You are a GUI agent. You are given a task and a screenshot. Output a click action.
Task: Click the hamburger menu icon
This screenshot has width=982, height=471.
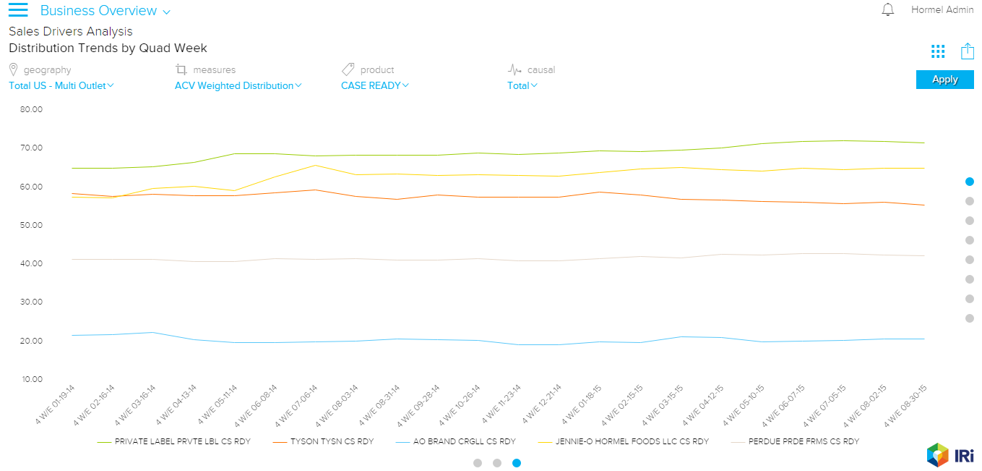pos(17,10)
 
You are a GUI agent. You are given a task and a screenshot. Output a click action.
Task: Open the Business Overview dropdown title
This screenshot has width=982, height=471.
pos(105,11)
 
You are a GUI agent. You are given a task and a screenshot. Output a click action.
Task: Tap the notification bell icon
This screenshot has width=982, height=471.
pos(888,10)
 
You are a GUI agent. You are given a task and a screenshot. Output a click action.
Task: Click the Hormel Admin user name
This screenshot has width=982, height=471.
pos(942,10)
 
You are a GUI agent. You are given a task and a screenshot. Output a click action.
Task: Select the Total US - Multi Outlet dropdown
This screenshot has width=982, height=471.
pos(61,85)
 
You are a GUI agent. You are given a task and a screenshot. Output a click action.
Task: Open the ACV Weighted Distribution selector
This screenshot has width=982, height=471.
pos(238,85)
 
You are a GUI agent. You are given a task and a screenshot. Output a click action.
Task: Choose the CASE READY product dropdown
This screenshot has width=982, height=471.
pos(374,85)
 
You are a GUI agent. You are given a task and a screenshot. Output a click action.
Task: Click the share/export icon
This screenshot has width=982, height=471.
pos(967,51)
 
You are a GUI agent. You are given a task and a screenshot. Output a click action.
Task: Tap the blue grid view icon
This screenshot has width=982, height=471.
pos(938,51)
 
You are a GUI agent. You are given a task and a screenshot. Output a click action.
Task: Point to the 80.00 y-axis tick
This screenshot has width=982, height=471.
pos(32,109)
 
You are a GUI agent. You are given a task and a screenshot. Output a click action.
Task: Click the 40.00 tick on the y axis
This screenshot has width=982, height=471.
pos(32,263)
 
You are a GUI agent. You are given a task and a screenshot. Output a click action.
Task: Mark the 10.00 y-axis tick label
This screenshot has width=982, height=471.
pos(32,379)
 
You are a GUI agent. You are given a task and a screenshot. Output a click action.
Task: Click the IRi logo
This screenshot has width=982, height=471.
pos(950,455)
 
